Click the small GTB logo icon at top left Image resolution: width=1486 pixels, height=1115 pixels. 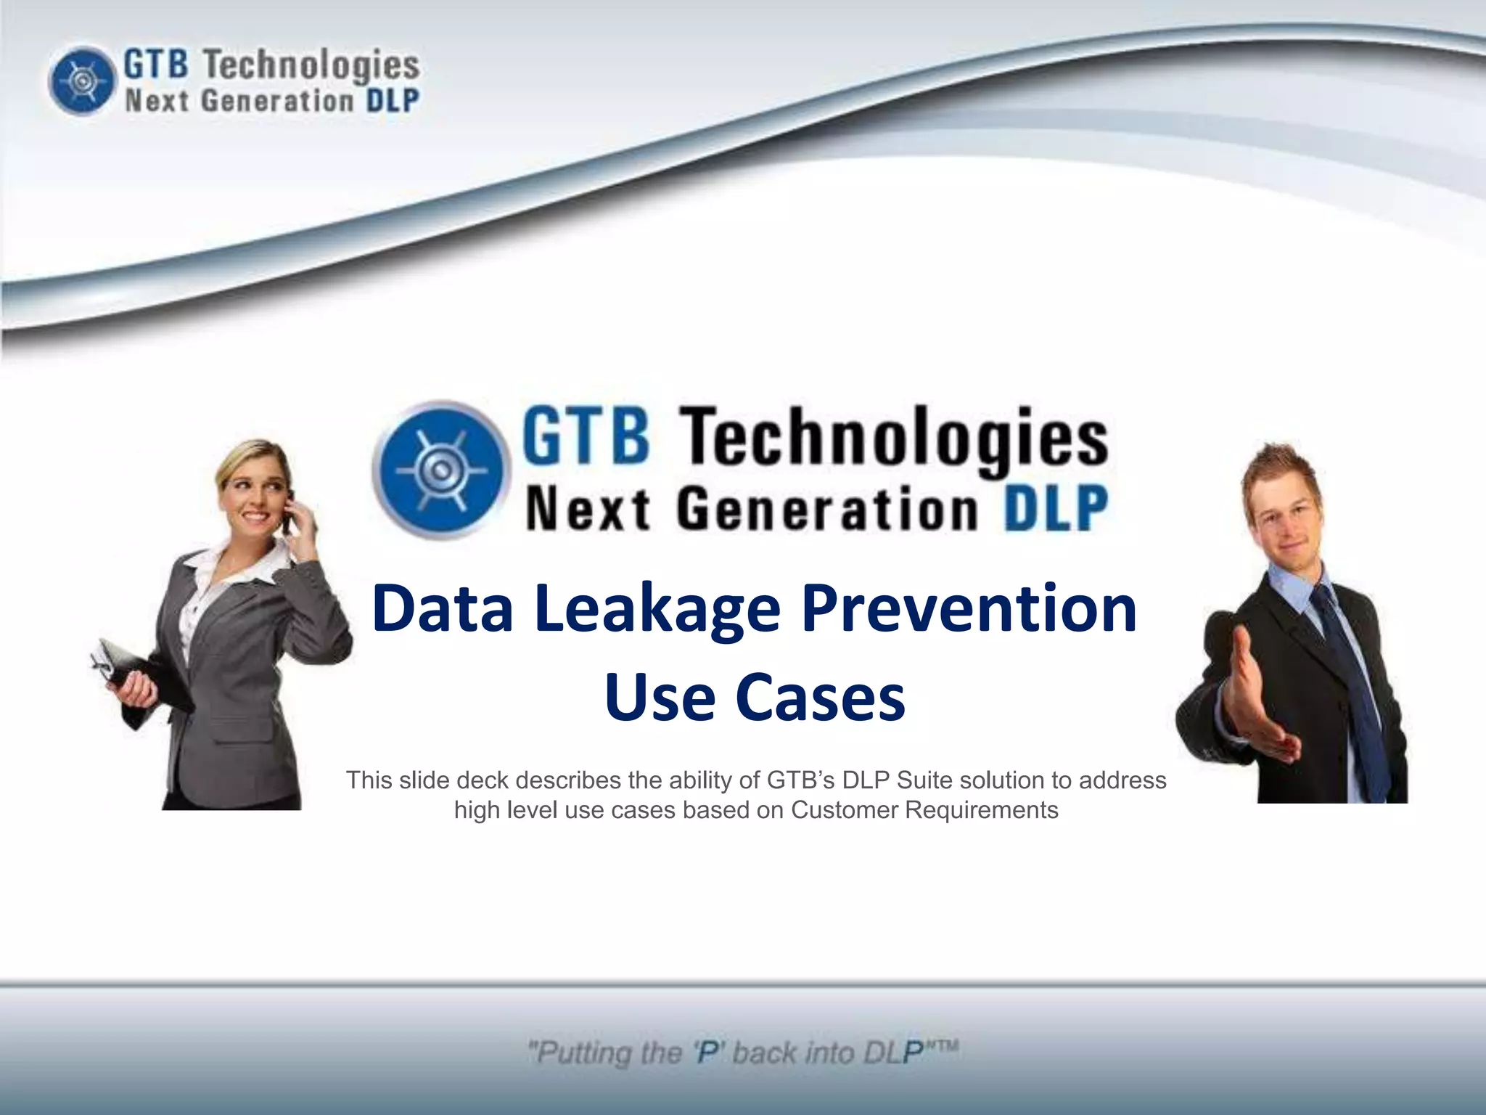[82, 81]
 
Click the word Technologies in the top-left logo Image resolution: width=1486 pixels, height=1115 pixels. [311, 65]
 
